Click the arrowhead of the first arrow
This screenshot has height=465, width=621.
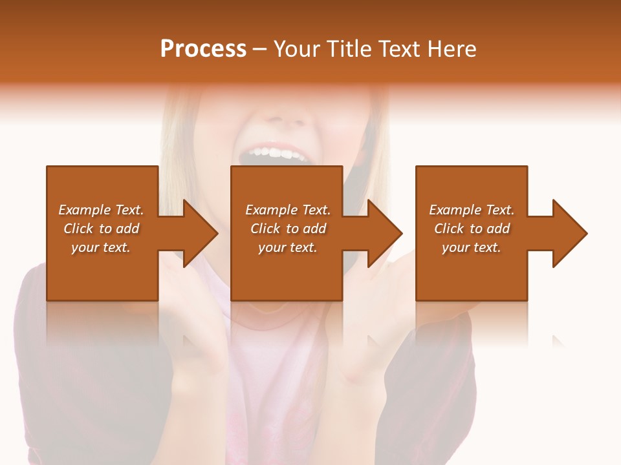click(x=200, y=233)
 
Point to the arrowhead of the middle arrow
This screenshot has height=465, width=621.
click(x=384, y=233)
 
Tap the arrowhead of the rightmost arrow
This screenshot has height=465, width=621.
click(x=569, y=233)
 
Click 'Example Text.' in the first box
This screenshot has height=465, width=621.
click(x=101, y=210)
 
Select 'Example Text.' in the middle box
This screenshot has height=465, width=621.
click(x=287, y=210)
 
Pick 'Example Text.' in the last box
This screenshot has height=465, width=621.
click(x=472, y=210)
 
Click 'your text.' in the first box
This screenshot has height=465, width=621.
click(x=101, y=247)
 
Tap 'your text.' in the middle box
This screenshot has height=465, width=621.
click(x=287, y=247)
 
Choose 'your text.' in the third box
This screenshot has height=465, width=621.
click(x=472, y=247)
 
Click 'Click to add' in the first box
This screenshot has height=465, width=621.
click(x=101, y=229)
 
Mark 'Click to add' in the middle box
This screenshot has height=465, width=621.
click(x=287, y=229)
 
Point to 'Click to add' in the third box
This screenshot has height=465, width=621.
click(x=472, y=229)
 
